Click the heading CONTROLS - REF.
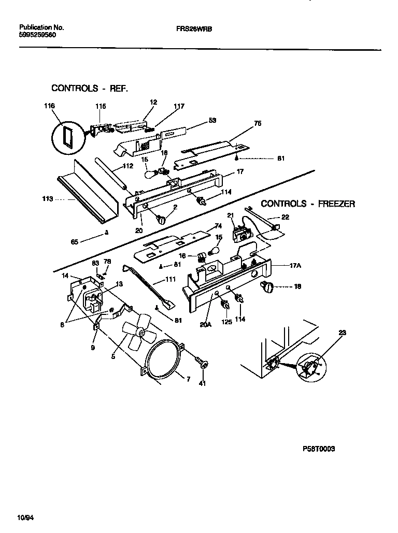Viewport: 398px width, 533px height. pyautogui.click(x=89, y=88)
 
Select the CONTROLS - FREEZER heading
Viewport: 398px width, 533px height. pyautogui.click(x=307, y=204)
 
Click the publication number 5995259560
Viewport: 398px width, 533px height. pyautogui.click(x=37, y=34)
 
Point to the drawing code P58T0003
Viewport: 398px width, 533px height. pyautogui.click(x=318, y=449)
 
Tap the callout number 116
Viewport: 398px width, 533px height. pyautogui.click(x=49, y=106)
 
